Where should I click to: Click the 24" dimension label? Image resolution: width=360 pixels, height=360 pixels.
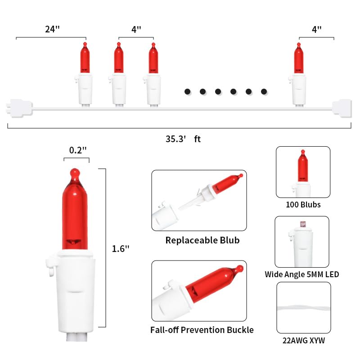52,29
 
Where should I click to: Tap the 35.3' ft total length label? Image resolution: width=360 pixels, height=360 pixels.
183,139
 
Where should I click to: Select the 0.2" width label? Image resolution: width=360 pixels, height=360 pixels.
78,150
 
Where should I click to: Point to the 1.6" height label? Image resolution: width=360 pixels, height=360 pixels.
121,249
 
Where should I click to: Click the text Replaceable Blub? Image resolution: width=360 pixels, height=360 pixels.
202,240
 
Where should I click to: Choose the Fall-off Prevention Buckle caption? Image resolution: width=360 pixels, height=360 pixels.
202,330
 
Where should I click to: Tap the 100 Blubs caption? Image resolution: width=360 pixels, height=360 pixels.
303,205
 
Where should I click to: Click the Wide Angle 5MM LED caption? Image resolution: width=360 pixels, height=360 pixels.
301,274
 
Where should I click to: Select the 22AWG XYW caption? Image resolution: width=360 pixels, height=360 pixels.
303,341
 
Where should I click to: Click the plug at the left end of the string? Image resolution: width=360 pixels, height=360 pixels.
19,108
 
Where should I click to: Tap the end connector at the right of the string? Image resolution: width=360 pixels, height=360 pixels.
342,108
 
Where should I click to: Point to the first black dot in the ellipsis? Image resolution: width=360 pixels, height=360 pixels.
187,92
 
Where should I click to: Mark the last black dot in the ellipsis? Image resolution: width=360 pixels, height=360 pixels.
264,92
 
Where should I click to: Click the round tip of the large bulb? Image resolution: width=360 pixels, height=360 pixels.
75,172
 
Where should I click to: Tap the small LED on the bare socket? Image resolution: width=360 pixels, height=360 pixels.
303,224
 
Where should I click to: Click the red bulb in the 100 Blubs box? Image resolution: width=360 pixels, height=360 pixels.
303,166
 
